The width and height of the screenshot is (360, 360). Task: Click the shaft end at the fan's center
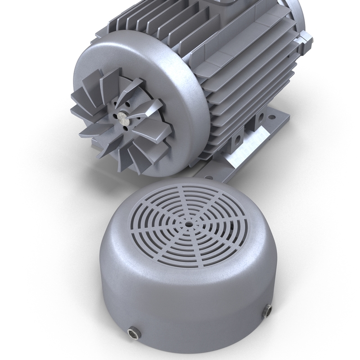(121, 117)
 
